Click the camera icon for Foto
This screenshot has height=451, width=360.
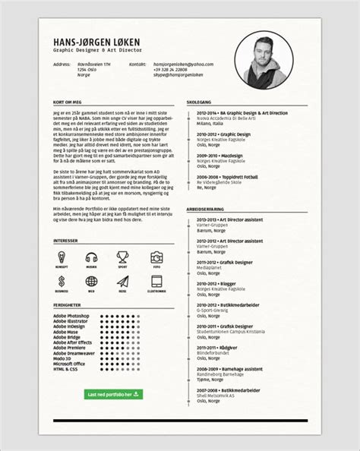point(156,258)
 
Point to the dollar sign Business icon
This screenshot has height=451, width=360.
point(61,282)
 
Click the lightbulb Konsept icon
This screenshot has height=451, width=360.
point(61,258)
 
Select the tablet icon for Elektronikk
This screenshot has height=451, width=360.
point(156,282)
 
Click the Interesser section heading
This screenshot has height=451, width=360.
point(65,241)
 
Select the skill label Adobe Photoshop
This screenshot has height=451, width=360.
point(71,315)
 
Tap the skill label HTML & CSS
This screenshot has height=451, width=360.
point(66,368)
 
